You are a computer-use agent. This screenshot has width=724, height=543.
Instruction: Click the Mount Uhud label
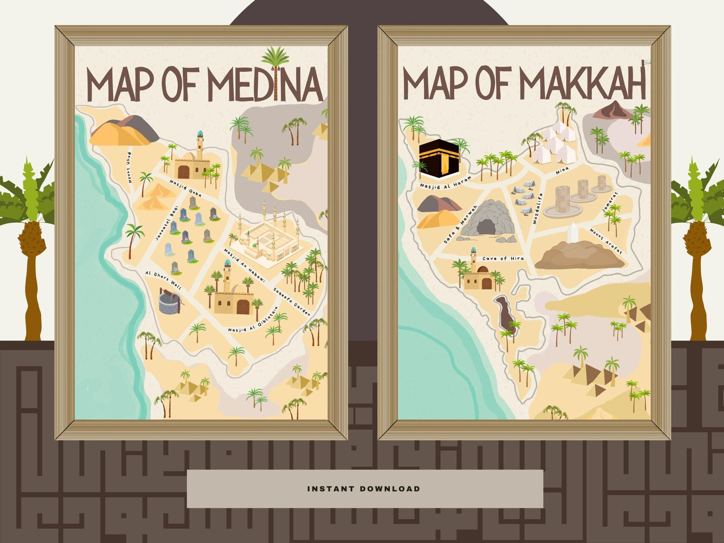[x=130, y=168]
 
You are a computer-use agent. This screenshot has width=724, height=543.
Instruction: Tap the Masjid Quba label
[x=185, y=188]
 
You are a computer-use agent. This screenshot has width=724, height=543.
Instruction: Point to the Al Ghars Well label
[x=163, y=280]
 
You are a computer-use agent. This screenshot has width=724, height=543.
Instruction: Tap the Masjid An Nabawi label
[x=244, y=265]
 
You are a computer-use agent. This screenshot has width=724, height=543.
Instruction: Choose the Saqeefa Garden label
[x=292, y=302]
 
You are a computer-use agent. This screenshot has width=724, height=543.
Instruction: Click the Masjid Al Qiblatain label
[x=253, y=320]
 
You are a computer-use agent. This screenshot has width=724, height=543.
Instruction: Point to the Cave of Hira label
[x=503, y=259]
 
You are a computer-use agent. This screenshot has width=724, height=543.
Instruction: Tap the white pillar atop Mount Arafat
[x=571, y=233]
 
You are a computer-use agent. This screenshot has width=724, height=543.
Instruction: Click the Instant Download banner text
[x=364, y=489]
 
